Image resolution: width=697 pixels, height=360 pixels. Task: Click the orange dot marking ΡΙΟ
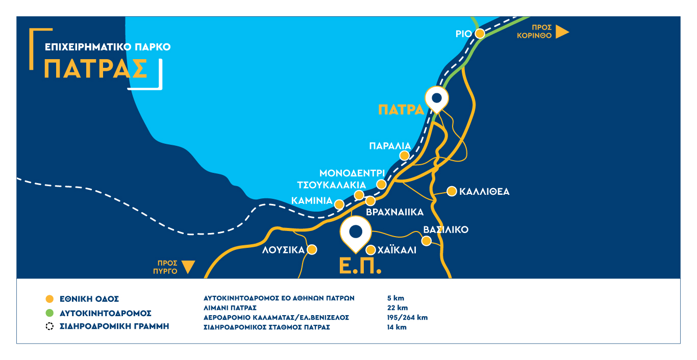point(480,34)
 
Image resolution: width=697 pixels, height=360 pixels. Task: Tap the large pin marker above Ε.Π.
point(355,232)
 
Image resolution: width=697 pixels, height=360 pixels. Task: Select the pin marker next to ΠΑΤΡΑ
point(436,99)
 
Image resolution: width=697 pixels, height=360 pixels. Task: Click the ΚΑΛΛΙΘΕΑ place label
point(484,192)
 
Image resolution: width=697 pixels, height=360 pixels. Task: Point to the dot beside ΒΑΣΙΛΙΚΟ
point(426,241)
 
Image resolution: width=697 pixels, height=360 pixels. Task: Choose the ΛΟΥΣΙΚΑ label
point(283,250)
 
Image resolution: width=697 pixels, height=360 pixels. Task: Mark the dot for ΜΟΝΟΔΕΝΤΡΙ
point(381,184)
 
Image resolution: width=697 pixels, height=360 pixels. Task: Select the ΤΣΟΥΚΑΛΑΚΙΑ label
point(331,185)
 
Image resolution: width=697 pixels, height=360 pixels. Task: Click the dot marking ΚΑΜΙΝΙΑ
point(339,204)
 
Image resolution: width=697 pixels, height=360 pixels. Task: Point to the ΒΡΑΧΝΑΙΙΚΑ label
point(395,212)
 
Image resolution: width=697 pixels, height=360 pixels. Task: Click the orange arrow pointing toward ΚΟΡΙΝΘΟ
point(562,32)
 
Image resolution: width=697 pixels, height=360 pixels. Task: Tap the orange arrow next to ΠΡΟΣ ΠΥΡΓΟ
point(188,267)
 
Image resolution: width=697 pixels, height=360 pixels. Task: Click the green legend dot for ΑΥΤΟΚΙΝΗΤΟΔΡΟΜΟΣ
point(49,313)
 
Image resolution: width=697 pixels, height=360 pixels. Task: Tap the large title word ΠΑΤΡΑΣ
point(96,69)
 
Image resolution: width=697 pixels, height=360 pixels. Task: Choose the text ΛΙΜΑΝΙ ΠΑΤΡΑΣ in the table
point(230,307)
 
